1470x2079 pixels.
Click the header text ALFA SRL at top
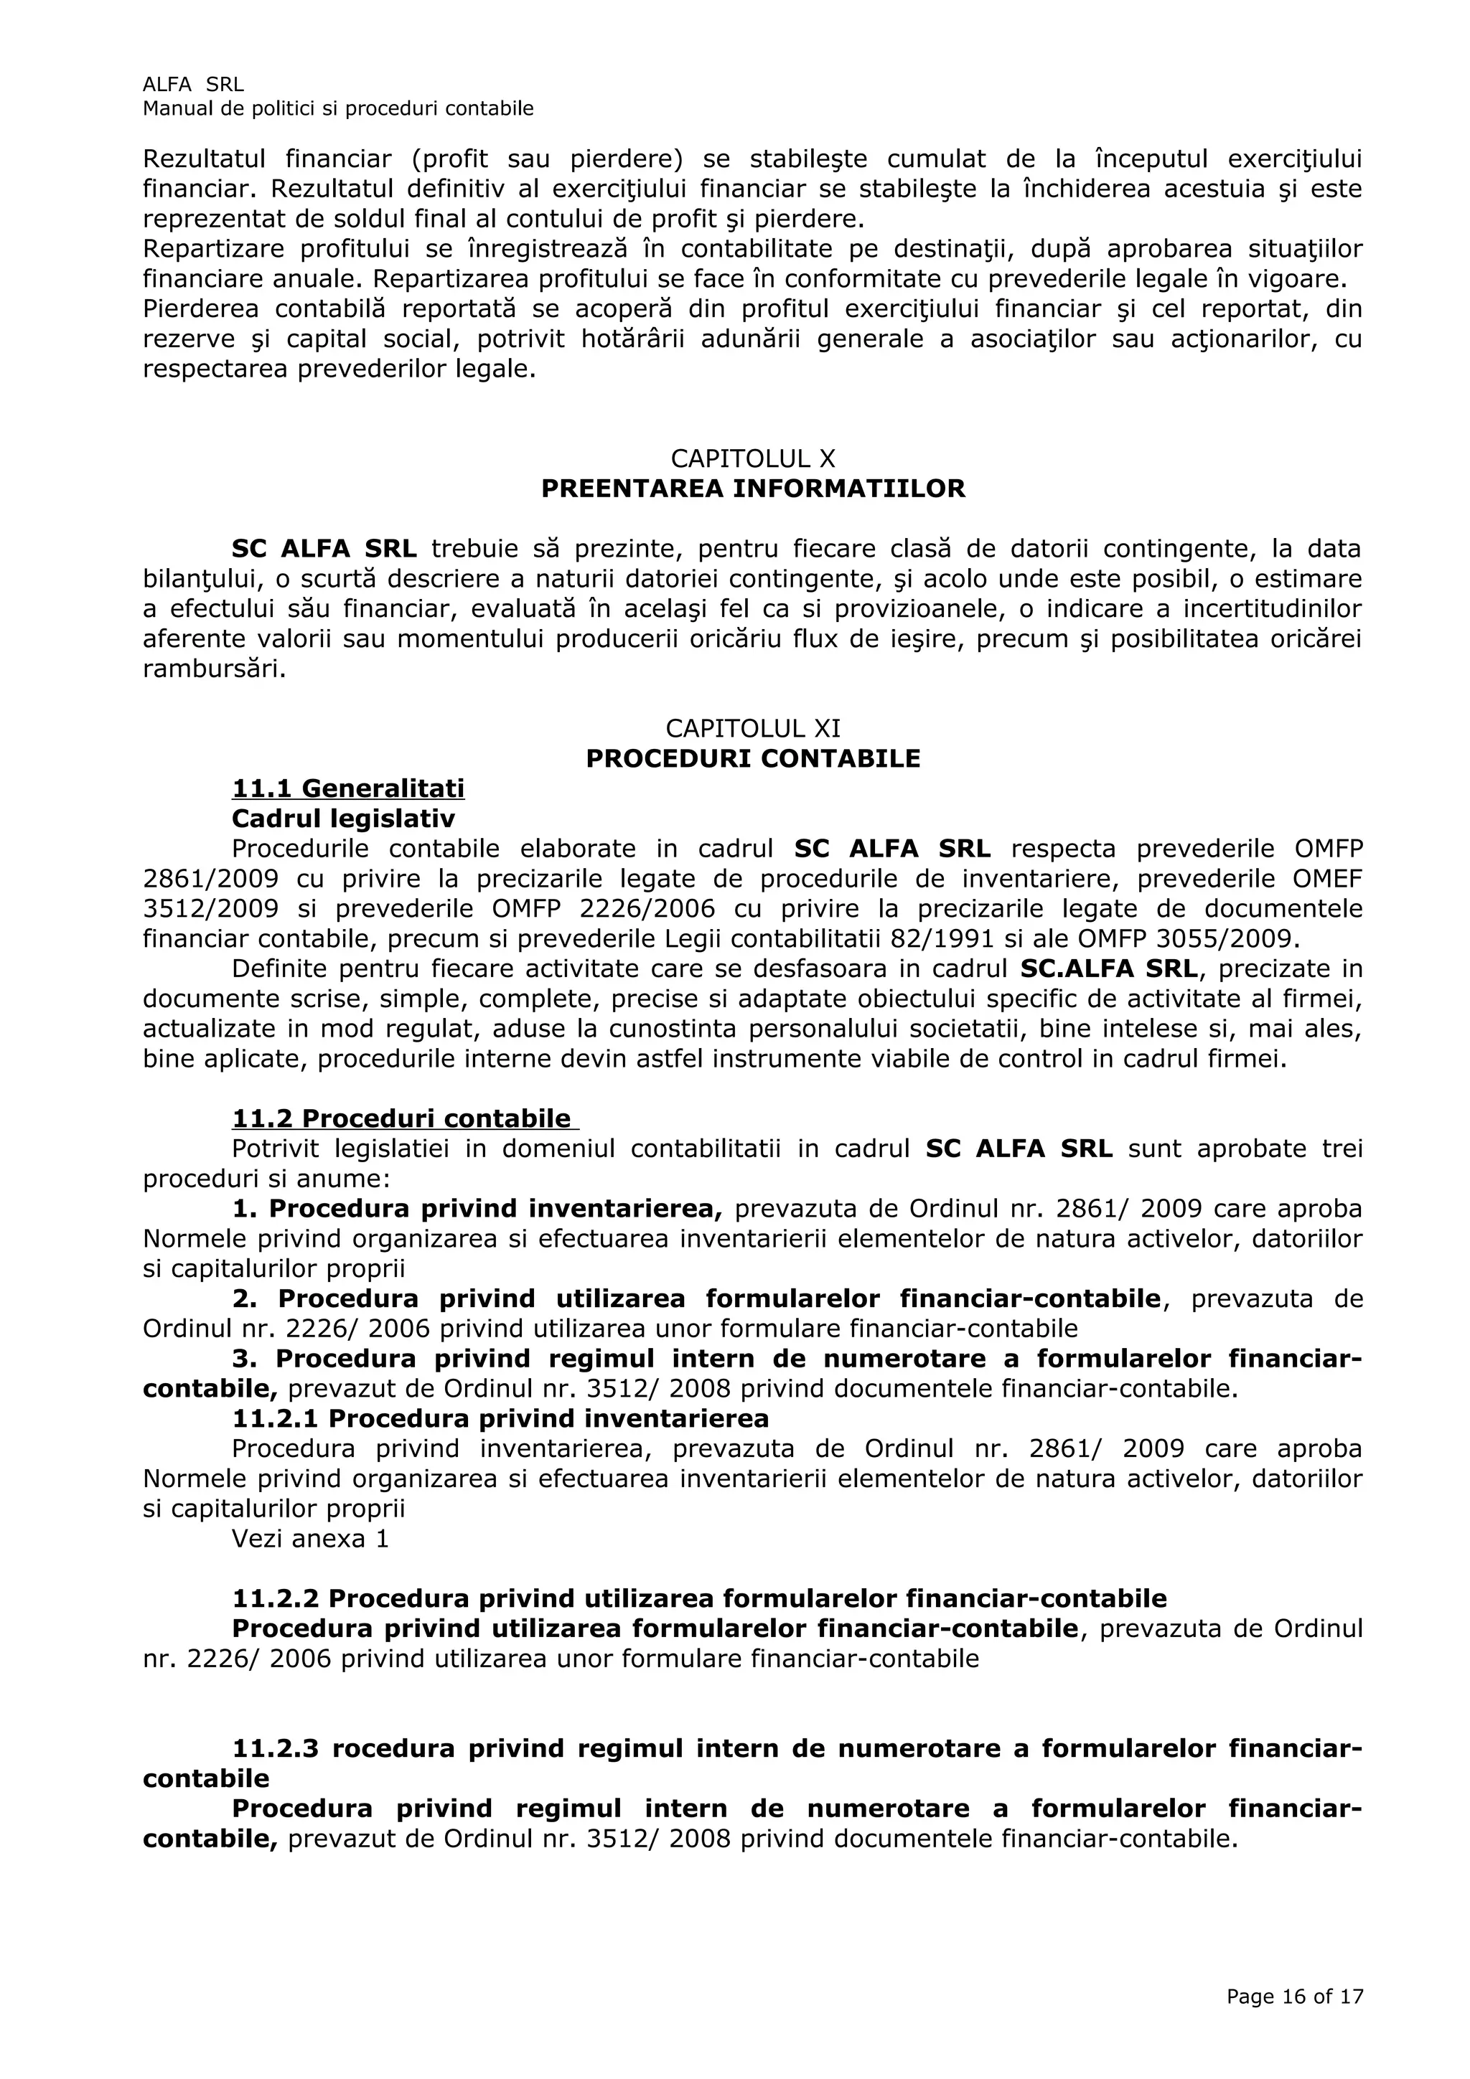tap(193, 84)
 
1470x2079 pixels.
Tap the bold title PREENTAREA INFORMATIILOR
tap(753, 489)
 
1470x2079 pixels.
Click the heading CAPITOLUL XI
tap(753, 728)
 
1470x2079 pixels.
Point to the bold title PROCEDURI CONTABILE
tap(753, 759)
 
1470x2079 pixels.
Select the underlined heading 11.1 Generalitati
tap(348, 788)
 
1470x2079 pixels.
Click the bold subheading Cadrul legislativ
tap(343, 819)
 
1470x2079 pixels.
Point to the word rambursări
tap(215, 669)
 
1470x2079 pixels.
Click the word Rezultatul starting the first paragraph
tap(204, 159)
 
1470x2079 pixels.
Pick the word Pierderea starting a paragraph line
tap(200, 310)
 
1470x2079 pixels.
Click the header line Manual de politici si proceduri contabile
tap(338, 108)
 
